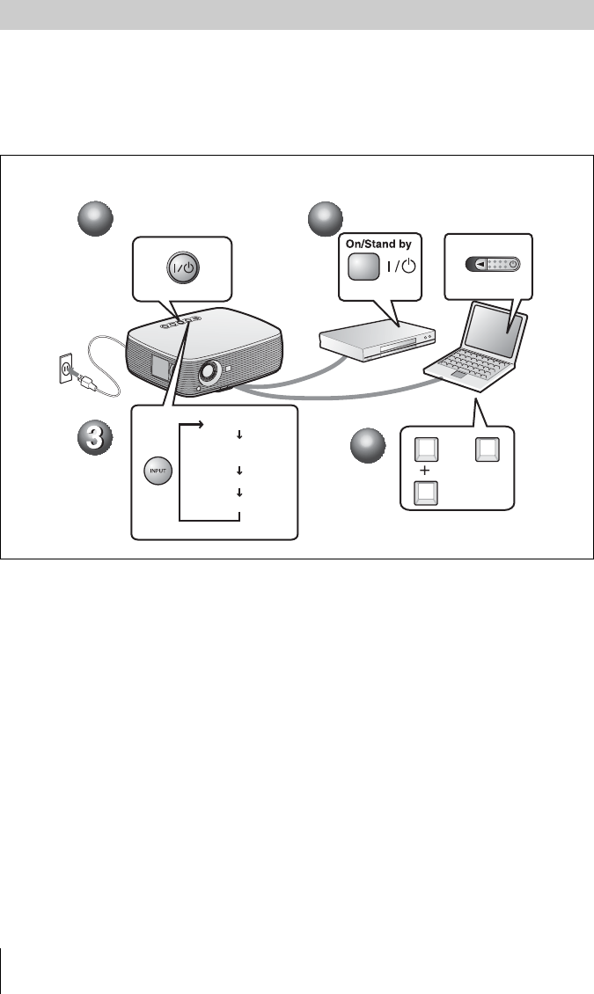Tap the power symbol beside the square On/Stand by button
(403, 268)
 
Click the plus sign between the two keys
(425, 470)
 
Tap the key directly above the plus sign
(425, 449)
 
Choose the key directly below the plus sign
(425, 493)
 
